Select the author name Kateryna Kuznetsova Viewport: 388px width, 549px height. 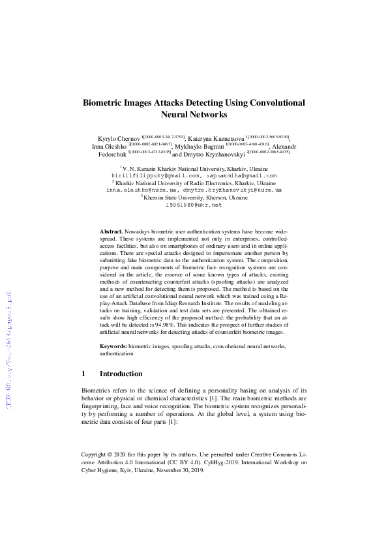pyautogui.click(x=216, y=139)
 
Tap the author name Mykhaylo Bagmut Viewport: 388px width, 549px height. pyautogui.click(x=202, y=147)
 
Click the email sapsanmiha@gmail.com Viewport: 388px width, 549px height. pyautogui.click(x=241, y=175)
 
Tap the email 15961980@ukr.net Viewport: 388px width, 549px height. pyautogui.click(x=194, y=205)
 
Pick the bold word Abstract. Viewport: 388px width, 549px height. pyautogui.click(x=112, y=231)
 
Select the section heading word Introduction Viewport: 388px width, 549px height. pyautogui.click(x=121, y=374)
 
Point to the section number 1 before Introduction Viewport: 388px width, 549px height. pyautogui.click(x=83, y=374)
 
